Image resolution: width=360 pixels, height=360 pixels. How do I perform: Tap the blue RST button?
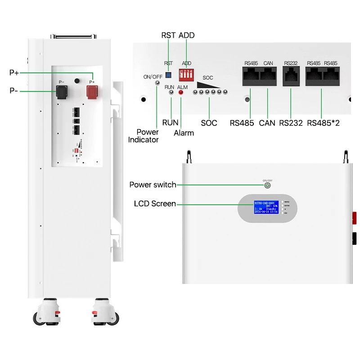click(169, 74)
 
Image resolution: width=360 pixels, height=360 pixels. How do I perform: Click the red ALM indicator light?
click(181, 92)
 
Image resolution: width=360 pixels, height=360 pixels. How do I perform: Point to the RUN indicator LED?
click(171, 92)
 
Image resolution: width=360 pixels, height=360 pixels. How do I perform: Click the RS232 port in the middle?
click(291, 77)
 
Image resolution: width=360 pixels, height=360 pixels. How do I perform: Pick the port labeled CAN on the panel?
click(269, 77)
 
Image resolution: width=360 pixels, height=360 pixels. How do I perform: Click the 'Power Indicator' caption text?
click(144, 136)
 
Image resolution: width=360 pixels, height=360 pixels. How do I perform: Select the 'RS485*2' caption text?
click(323, 123)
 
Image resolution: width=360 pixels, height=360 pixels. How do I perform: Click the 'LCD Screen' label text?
click(155, 204)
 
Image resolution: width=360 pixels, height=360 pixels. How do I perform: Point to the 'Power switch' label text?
click(153, 185)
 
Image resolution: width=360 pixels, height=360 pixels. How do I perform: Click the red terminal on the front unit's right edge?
click(354, 219)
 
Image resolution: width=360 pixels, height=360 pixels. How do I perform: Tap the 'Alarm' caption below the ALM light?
click(184, 133)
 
